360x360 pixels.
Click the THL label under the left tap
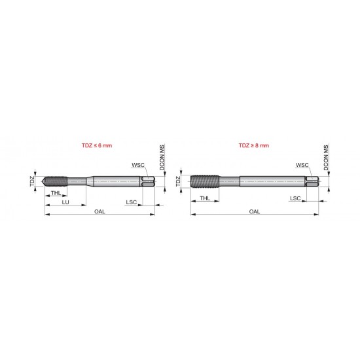pos(57,194)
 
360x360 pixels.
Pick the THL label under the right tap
pos(206,197)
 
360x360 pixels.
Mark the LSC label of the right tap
pos(296,197)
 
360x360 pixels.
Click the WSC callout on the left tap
pos(138,166)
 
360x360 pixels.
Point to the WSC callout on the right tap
pos(302,166)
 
